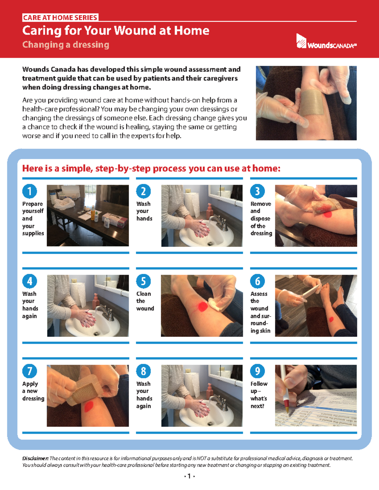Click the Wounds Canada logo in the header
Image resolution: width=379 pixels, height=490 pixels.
pyautogui.click(x=326, y=42)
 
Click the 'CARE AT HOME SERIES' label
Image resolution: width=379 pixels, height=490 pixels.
pyautogui.click(x=60, y=18)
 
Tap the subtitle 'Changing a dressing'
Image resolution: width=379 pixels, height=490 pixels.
pyautogui.click(x=66, y=45)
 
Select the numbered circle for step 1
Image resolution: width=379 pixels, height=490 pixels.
pyautogui.click(x=30, y=191)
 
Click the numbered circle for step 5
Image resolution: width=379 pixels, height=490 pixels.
pyautogui.click(x=143, y=281)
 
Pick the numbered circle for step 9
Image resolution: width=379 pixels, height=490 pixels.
pyautogui.click(x=257, y=371)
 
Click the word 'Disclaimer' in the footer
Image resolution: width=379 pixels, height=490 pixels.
pyautogui.click(x=35, y=458)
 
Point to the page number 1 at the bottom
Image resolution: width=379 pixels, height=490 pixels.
pyautogui.click(x=189, y=476)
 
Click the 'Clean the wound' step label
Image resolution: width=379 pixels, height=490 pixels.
pyautogui.click(x=145, y=301)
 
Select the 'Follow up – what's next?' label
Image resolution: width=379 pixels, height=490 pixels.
pyautogui.click(x=259, y=395)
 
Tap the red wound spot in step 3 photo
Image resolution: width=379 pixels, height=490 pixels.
pyautogui.click(x=328, y=214)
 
